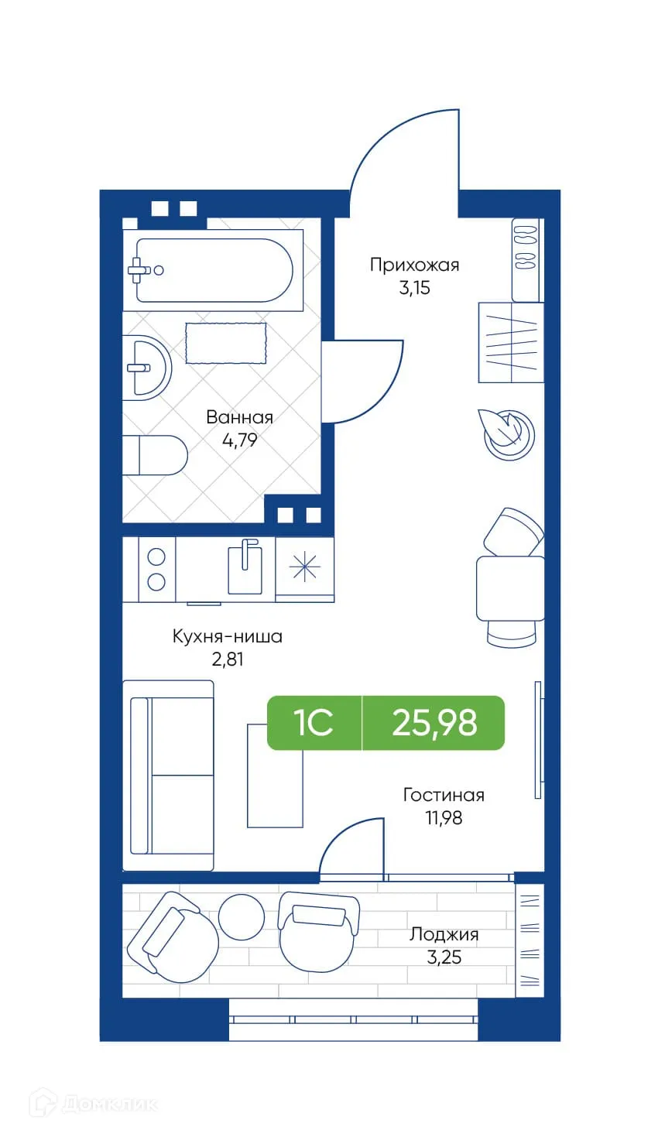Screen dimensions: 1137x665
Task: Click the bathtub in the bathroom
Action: (x=214, y=270)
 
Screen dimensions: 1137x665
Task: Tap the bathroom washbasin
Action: (x=146, y=366)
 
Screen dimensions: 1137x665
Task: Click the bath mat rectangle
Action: (x=225, y=343)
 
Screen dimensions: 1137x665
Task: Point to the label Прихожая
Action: (x=414, y=265)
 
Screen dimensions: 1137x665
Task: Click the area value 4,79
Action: (x=239, y=440)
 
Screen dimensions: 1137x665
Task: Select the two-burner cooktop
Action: (x=156, y=570)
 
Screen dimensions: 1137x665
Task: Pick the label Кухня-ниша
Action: (x=227, y=636)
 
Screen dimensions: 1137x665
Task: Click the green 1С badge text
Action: (x=314, y=723)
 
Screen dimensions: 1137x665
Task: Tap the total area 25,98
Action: (x=434, y=723)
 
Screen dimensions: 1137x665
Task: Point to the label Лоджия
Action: (x=444, y=934)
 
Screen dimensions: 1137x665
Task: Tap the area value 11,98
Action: (x=444, y=817)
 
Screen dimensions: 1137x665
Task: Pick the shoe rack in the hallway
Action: (x=526, y=260)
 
